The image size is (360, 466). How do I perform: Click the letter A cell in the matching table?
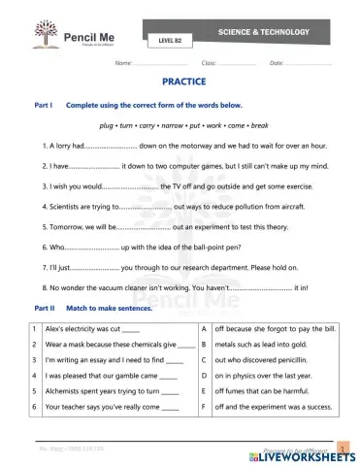point(203,329)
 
